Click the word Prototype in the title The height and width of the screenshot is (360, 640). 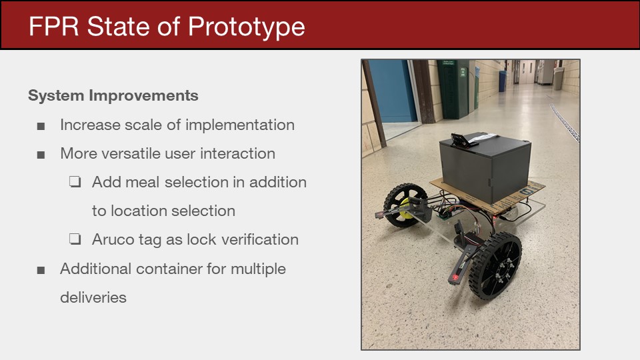[246, 27]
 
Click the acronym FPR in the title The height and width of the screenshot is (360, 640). [53, 27]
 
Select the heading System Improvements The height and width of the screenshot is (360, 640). [113, 95]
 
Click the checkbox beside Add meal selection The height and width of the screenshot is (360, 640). [75, 181]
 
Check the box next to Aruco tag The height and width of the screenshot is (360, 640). [75, 239]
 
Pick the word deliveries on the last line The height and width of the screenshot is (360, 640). [93, 297]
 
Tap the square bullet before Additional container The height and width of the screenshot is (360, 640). [41, 270]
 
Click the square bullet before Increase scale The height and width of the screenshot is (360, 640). [41, 126]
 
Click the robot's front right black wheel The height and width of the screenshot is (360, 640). [495, 265]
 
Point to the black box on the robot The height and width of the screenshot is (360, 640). [485, 167]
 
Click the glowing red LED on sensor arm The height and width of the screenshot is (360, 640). [455, 278]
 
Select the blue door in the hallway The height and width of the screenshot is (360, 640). [392, 91]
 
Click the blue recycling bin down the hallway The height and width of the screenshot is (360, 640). [503, 81]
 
